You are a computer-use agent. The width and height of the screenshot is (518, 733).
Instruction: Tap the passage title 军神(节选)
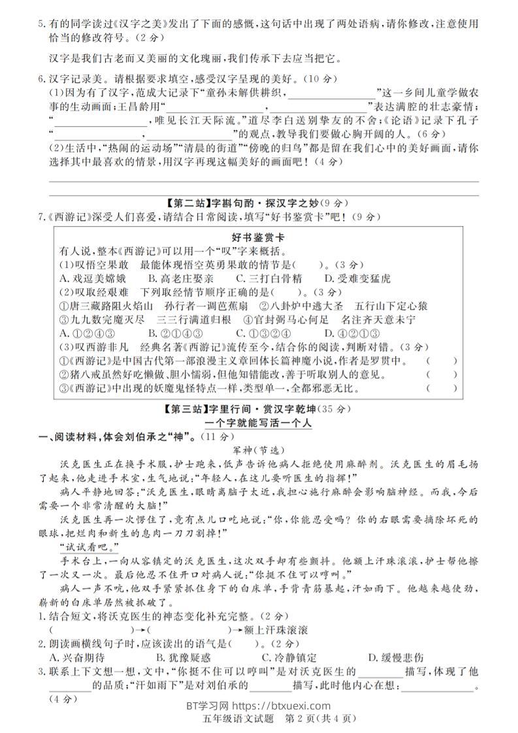coord(259,450)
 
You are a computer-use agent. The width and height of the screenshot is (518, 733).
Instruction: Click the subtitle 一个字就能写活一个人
coord(259,423)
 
